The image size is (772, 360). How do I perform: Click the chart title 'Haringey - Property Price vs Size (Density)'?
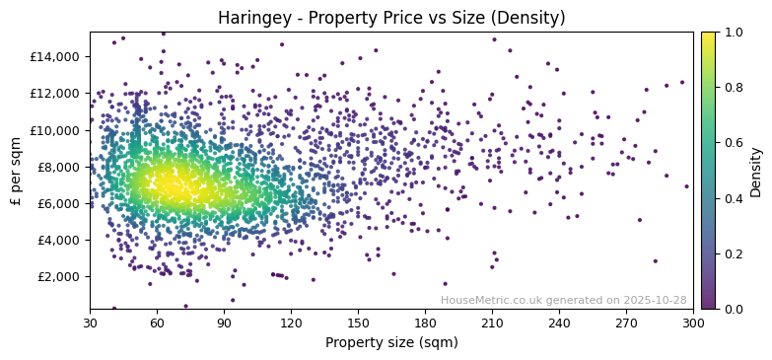click(x=390, y=18)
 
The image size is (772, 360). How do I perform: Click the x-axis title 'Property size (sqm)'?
click(x=390, y=342)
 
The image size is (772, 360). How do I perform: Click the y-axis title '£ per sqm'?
click(x=16, y=171)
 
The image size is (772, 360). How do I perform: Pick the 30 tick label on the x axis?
click(x=90, y=323)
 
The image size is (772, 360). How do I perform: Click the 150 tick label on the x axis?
click(x=358, y=323)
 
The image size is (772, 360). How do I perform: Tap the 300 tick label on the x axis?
click(x=693, y=323)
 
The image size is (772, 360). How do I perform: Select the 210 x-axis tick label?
click(x=492, y=323)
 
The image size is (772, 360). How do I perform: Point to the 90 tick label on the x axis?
click(x=224, y=323)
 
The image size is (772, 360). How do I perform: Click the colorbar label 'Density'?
click(x=756, y=171)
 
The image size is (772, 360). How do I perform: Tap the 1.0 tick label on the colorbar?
click(x=735, y=33)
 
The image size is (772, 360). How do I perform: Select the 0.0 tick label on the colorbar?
click(x=735, y=309)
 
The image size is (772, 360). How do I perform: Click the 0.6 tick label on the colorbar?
click(x=735, y=143)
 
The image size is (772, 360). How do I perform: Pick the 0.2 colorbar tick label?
click(x=735, y=253)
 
